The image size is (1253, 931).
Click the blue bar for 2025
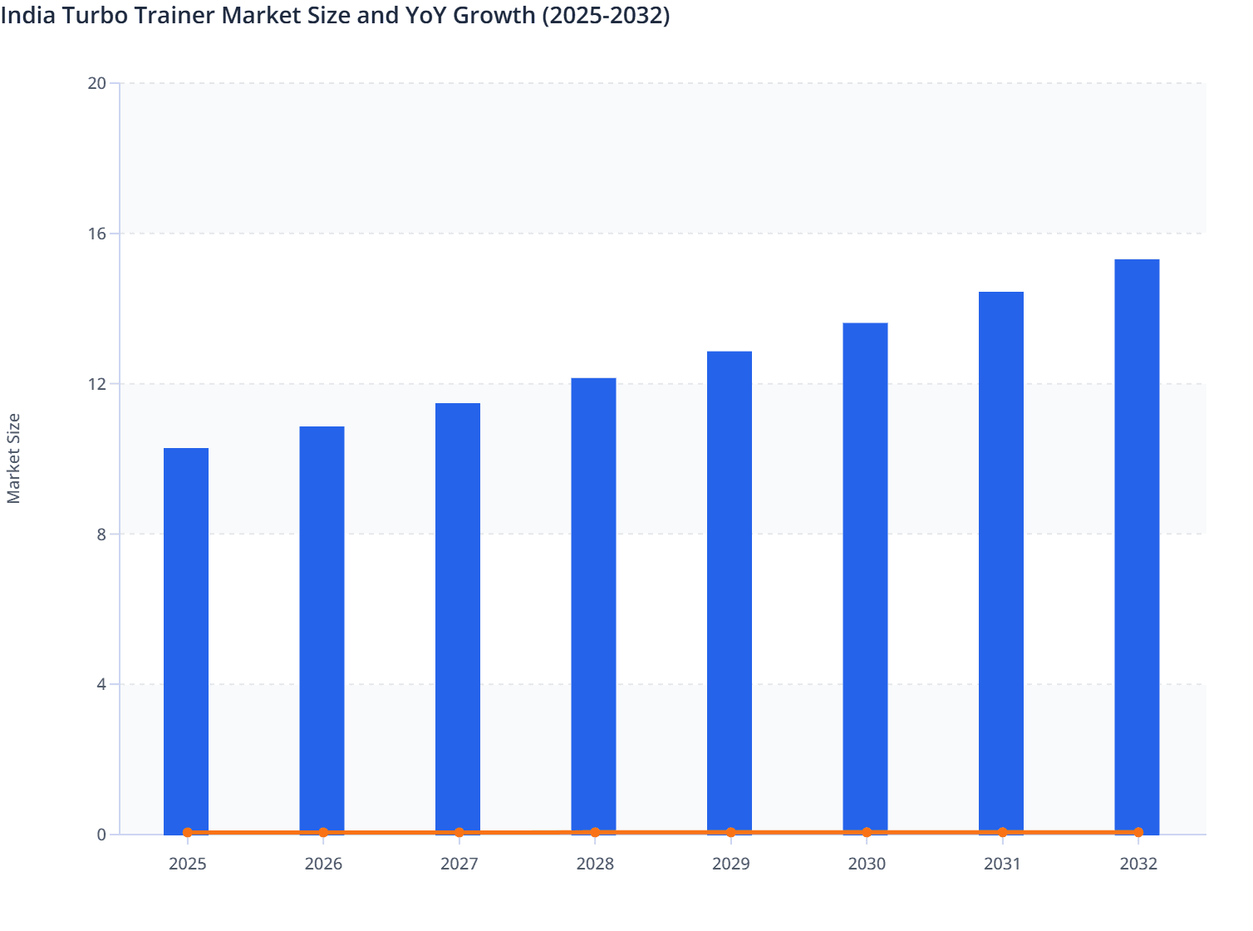coord(186,640)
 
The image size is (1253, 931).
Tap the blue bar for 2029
coord(730,592)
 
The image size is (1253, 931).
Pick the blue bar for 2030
coord(865,578)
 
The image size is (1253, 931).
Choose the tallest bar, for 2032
coord(1137,546)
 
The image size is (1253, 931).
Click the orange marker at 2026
coord(323,832)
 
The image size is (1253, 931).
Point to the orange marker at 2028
coord(595,832)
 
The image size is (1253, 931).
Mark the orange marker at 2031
coord(1002,832)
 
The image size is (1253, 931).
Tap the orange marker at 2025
coord(188,832)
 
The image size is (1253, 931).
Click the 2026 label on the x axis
coord(323,864)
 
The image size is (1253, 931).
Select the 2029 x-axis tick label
coord(730,864)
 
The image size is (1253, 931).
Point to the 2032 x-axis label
coord(1138,864)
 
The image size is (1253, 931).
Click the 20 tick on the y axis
coord(97,83)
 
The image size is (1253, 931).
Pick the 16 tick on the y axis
coord(97,234)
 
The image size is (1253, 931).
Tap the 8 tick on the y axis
coord(101,534)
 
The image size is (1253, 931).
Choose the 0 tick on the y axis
coord(101,835)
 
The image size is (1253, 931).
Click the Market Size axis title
coord(13,458)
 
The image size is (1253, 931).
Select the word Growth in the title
coord(494,15)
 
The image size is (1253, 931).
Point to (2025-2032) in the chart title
coord(606,15)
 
